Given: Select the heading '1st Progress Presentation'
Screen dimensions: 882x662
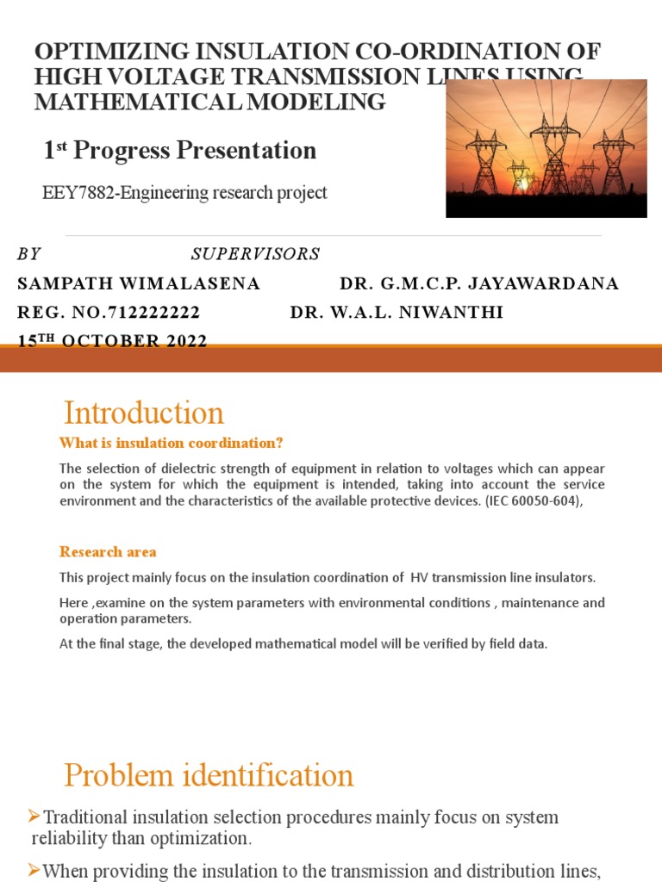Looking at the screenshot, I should pyautogui.click(x=180, y=151).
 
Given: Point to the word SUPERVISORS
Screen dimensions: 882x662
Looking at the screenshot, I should pyautogui.click(x=255, y=254).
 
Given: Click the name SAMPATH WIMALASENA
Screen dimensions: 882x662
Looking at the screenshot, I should pyautogui.click(x=139, y=284).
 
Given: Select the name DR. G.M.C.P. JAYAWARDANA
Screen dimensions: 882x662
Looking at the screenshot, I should pyautogui.click(x=479, y=284).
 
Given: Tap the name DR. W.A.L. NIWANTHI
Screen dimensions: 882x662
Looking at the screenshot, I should pyautogui.click(x=397, y=313).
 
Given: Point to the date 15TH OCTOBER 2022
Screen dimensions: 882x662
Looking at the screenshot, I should pyautogui.click(x=113, y=341).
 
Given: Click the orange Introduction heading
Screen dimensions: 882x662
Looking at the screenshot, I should pyautogui.click(x=144, y=413).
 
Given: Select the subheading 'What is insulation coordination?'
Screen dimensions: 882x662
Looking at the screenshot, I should pyautogui.click(x=171, y=444).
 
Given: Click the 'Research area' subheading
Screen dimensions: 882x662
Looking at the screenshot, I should pyautogui.click(x=108, y=552).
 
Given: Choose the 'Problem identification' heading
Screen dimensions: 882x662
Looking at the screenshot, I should pyautogui.click(x=209, y=776).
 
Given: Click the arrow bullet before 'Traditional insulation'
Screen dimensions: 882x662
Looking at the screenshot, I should pyautogui.click(x=34, y=815).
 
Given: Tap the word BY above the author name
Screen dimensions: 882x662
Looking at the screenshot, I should pyautogui.click(x=28, y=254).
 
